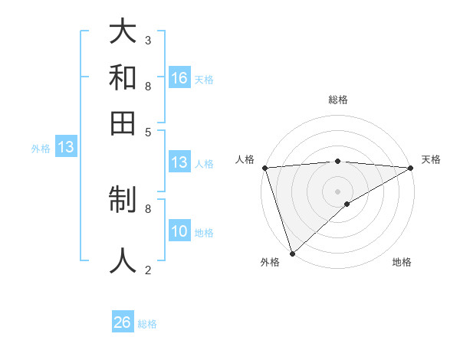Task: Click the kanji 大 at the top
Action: pos(123,33)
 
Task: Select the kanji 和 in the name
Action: pos(123,78)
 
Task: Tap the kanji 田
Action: pos(123,122)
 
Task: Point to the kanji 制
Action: pos(123,201)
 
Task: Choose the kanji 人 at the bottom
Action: pos(123,260)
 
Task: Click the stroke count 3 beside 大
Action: pos(148,40)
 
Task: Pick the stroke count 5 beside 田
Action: pos(148,131)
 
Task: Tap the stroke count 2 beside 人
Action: pos(148,270)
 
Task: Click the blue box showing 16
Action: pos(179,78)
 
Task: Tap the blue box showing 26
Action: pos(123,322)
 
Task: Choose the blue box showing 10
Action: pos(179,232)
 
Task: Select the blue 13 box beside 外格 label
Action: pos(66,148)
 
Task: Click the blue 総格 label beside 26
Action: pos(147,324)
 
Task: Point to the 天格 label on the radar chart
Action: pos(431,159)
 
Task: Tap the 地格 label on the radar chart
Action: pos(402,262)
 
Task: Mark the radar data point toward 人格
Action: pos(264,168)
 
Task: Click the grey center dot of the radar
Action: pos(337,191)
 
